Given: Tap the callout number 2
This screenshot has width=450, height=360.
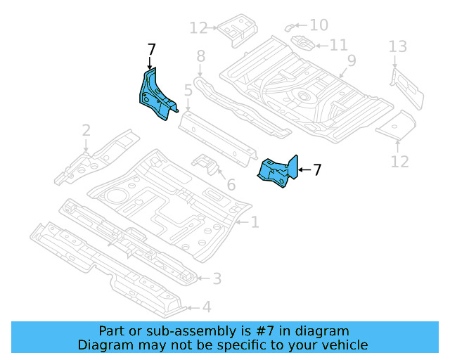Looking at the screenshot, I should [x=86, y=130].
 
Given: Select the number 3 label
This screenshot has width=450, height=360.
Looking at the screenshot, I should [x=217, y=279].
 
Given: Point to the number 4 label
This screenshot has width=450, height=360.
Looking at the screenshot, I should [x=206, y=307].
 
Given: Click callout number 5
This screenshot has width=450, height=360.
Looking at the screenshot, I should [x=188, y=90].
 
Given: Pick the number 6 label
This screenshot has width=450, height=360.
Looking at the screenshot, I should [x=231, y=185].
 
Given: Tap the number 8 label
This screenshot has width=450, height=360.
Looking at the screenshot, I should [x=200, y=56].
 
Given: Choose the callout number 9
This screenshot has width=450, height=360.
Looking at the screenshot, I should [x=351, y=60].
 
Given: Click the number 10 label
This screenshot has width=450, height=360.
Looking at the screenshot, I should [x=319, y=25].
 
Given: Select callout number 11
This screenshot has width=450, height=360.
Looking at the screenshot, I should [x=339, y=45].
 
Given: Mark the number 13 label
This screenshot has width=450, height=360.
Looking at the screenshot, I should [x=398, y=47].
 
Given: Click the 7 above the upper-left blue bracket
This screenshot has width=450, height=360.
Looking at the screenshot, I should [x=151, y=49].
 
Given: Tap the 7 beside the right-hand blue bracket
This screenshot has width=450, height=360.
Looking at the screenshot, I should [x=317, y=169].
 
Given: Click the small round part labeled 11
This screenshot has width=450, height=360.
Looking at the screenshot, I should [x=302, y=43].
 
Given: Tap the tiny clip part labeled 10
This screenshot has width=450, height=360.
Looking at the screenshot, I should [x=290, y=27].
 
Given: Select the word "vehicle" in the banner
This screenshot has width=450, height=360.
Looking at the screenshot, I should [x=342, y=345].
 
